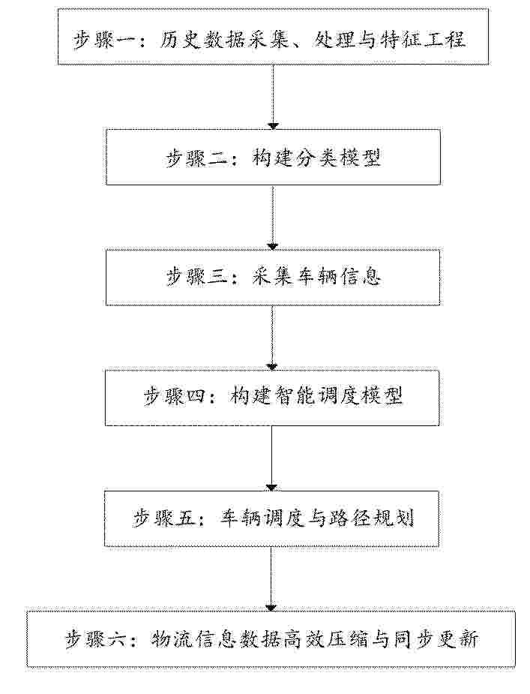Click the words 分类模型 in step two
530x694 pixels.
[337, 158]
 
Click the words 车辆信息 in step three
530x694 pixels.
[337, 278]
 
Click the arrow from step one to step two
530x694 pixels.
[274, 98]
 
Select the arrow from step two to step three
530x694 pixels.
[273, 218]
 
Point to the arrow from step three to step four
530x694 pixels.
[272, 338]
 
